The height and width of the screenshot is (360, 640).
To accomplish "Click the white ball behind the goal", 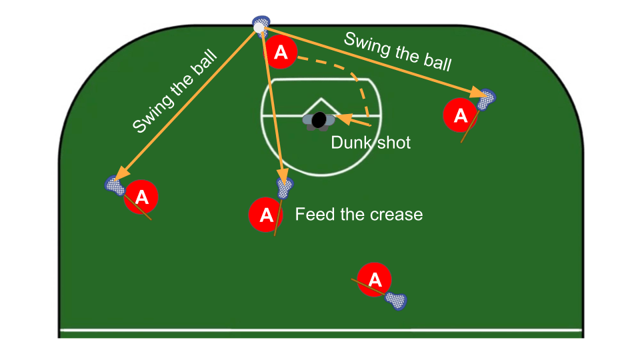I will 259,27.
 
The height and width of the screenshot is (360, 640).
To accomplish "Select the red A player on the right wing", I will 460,115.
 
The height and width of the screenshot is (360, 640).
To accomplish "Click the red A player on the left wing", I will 141,197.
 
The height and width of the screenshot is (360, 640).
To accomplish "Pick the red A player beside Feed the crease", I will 265,215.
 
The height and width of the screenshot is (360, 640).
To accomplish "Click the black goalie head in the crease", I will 319,120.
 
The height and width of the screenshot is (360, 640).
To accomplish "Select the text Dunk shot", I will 371,142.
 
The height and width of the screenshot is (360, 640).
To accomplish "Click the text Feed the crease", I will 359,214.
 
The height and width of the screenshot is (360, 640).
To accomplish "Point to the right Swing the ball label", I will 397,51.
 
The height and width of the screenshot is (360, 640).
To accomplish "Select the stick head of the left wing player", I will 115,185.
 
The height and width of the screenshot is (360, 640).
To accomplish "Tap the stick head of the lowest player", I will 397,301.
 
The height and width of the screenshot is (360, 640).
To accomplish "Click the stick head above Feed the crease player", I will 285,189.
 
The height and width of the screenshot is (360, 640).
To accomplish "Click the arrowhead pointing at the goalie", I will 341,119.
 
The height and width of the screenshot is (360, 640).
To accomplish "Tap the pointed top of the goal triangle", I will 321,99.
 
